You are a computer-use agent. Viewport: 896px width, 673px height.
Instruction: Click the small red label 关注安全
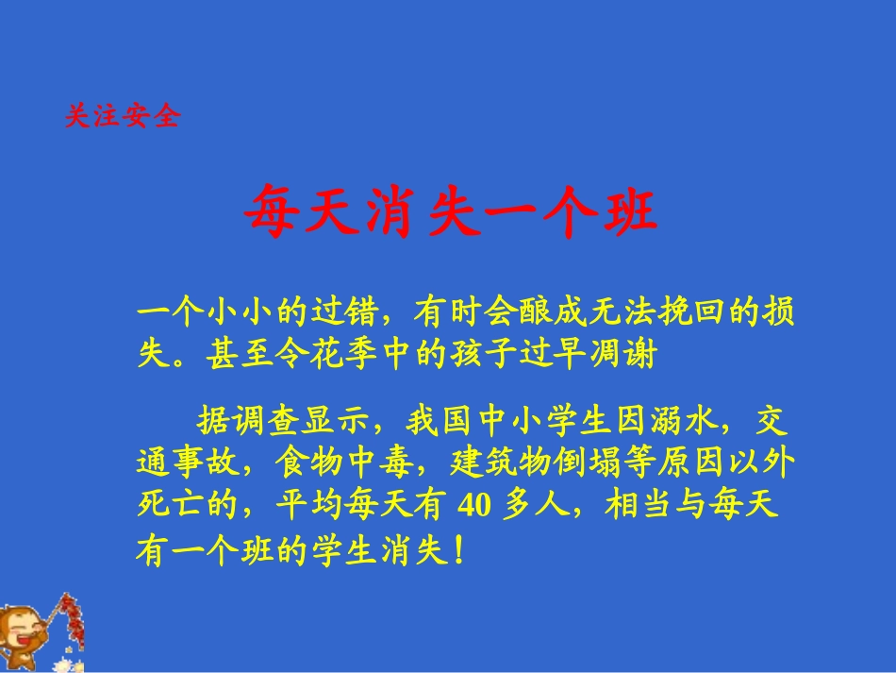(x=122, y=116)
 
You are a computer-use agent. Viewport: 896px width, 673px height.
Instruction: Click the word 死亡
(x=170, y=507)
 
